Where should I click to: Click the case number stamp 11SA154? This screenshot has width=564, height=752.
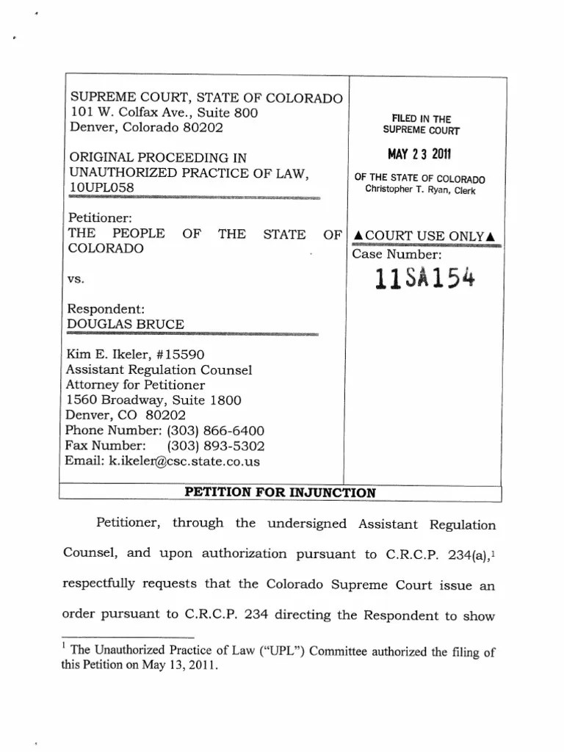(x=424, y=279)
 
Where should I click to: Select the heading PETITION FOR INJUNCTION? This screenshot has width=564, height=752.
(x=280, y=493)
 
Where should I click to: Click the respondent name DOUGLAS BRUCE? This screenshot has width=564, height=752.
(x=126, y=324)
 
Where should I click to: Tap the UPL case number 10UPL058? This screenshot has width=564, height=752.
(x=101, y=187)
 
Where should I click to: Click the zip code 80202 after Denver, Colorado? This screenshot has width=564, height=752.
(x=200, y=126)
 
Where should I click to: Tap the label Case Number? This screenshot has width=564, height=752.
(x=397, y=255)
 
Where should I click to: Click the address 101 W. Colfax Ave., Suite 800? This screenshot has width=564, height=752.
(x=163, y=112)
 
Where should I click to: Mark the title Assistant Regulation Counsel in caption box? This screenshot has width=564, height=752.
(x=159, y=370)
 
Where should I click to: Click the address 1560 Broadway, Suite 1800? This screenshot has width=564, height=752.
(x=153, y=400)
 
